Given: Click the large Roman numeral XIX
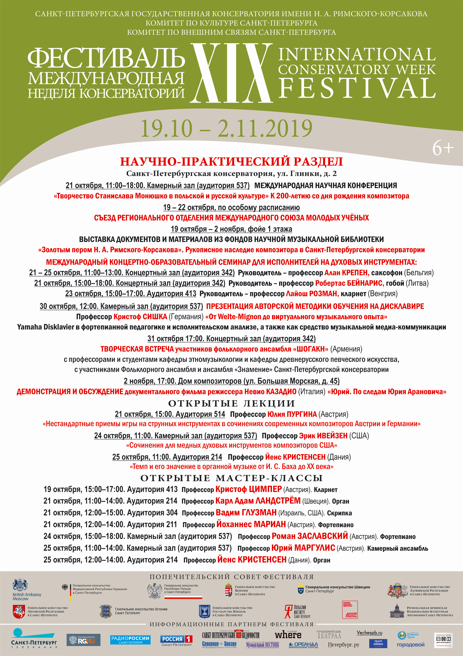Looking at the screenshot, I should point(231,73).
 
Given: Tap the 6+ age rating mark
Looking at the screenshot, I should point(442,148).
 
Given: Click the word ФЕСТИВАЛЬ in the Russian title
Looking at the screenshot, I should point(106,59).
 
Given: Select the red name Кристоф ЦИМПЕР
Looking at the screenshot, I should point(249,489).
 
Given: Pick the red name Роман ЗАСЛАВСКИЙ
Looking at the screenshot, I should point(310,536).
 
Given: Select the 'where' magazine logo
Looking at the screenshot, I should point(288,635).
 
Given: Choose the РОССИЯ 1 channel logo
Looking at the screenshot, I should point(177,640).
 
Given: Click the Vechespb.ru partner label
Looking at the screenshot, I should point(369,633).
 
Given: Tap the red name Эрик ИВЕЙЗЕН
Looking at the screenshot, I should point(323,436).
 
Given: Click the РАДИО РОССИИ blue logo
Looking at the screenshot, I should point(130,640).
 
